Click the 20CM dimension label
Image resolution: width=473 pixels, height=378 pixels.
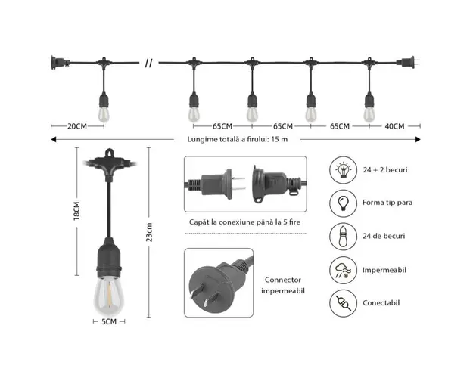77,126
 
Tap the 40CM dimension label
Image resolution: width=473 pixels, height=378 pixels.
394,126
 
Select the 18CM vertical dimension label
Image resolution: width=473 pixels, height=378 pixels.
76,211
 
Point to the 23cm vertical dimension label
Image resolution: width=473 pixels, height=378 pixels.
149,232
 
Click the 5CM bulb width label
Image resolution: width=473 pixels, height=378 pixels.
109,321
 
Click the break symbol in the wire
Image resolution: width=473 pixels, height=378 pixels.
149,64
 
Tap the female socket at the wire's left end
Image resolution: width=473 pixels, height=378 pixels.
60,63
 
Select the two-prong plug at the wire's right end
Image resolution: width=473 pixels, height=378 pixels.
408,63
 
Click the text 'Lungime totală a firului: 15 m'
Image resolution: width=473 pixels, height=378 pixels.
238,139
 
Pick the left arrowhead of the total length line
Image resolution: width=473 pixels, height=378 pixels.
54,139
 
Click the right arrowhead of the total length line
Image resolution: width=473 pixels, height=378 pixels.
418,139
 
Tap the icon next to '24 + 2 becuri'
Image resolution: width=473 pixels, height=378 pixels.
344,170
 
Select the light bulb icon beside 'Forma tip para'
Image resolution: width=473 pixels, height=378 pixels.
344,203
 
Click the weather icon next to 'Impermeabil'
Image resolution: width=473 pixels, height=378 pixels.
344,270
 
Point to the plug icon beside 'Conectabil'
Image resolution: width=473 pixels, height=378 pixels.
344,303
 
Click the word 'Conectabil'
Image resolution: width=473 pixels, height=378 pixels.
381,303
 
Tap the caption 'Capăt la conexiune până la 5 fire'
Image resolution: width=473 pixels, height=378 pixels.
244,222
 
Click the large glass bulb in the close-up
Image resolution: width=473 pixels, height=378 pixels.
109,295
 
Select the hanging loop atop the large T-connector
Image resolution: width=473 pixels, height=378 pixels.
109,153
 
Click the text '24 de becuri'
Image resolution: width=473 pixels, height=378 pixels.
384,236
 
